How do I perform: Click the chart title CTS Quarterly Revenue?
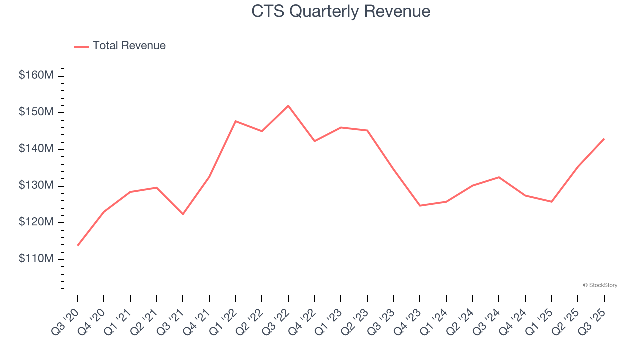[341, 11]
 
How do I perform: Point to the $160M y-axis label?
[36, 76]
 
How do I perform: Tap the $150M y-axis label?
[36, 112]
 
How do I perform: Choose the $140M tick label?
[36, 149]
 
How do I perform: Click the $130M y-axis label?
[36, 186]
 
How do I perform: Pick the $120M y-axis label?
[36, 222]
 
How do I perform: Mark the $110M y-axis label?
[36, 259]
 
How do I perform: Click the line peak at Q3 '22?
[288, 106]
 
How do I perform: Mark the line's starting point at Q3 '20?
[78, 245]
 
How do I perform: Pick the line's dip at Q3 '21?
[183, 214]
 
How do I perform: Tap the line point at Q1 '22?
[235, 121]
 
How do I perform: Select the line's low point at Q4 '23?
[420, 206]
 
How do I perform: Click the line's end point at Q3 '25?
[604, 139]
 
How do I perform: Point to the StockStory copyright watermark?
[600, 285]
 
